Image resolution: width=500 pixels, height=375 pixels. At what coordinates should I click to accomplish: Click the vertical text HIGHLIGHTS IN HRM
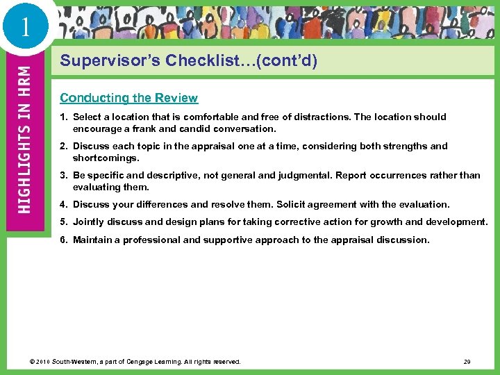[24, 139]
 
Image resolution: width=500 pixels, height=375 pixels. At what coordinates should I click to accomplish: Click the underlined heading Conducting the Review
[128, 98]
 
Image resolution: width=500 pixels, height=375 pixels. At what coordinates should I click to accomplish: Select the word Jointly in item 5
[89, 222]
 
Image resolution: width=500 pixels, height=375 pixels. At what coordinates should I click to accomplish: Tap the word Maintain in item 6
[94, 240]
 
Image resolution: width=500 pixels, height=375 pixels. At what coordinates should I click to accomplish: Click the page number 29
[467, 362]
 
